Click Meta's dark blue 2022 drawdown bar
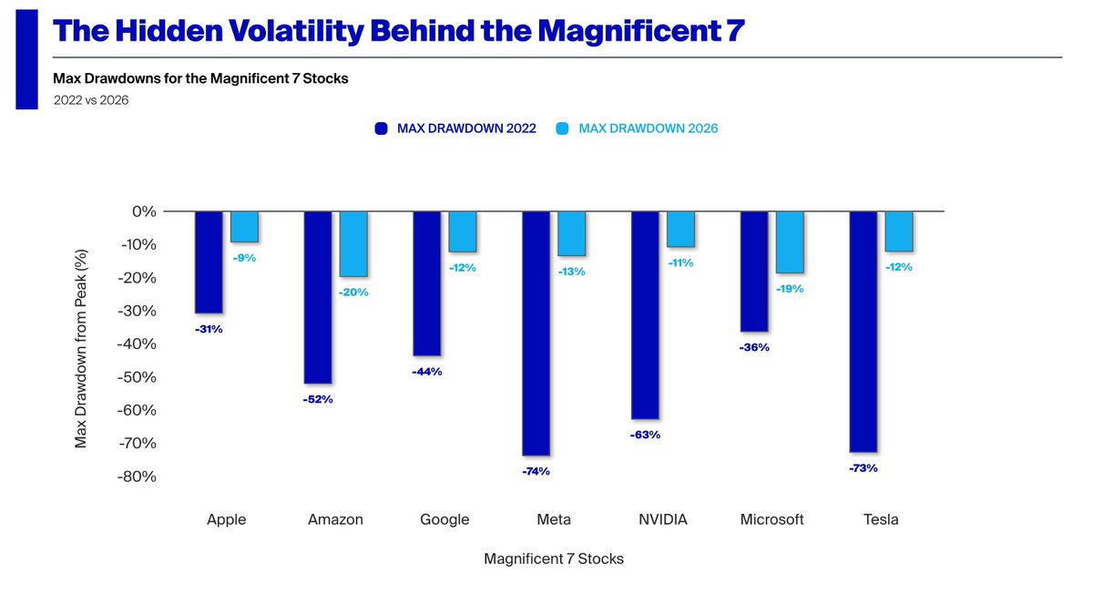click(x=536, y=333)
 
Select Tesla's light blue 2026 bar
click(x=899, y=231)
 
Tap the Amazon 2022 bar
click(x=318, y=297)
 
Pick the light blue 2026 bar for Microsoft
click(x=790, y=242)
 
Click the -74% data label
click(x=536, y=471)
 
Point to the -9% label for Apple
click(x=244, y=258)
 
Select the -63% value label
click(x=645, y=435)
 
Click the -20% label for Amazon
click(x=354, y=292)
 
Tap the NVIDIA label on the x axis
click(x=662, y=519)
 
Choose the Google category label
click(x=444, y=519)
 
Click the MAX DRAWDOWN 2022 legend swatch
click(x=383, y=128)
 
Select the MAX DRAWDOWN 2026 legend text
click(x=649, y=128)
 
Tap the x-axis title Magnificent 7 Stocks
click(x=554, y=559)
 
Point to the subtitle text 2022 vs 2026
click(x=90, y=100)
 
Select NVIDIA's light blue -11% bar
click(x=680, y=230)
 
